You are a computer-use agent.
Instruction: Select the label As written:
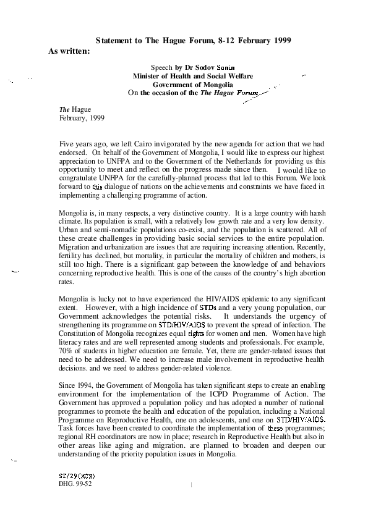pos(69,51)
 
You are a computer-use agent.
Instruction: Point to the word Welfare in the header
pos(241,76)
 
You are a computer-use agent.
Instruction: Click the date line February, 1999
pos(82,118)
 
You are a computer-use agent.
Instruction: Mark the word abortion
pos(312,273)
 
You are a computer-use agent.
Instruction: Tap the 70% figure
pos(64,351)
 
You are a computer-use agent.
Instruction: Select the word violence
pos(218,368)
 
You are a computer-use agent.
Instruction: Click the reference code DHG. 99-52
pos(75,484)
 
